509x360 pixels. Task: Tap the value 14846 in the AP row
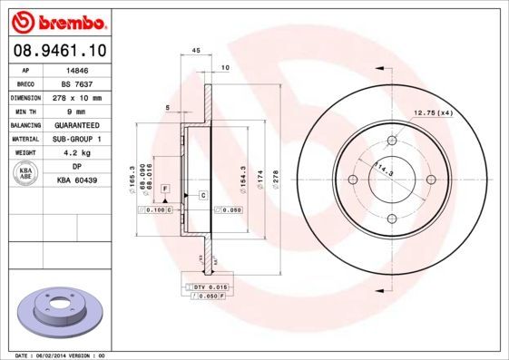point(77,70)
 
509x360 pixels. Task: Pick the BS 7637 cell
point(77,83)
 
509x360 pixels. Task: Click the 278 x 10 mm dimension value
point(77,98)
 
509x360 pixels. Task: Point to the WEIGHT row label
point(25,154)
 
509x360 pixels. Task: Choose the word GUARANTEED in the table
point(77,126)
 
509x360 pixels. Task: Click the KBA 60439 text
point(77,182)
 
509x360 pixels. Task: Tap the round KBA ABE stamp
point(25,175)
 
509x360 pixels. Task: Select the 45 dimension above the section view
point(196,50)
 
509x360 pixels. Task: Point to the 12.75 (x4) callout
point(433,112)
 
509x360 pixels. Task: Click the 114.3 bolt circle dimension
point(385,167)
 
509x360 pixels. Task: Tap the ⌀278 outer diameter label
point(275,174)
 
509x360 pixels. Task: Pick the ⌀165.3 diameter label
point(133,174)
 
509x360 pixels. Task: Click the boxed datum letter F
point(166,188)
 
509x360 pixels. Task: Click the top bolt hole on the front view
point(393,141)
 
